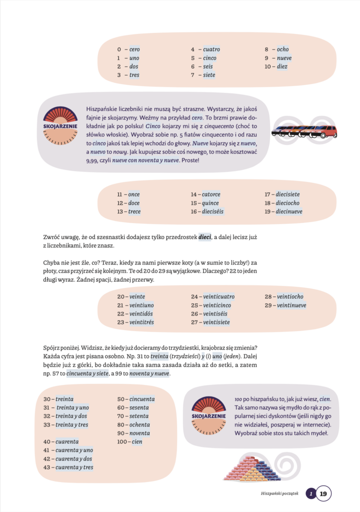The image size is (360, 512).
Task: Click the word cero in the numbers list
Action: (134, 49)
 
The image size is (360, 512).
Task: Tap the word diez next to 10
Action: (282, 66)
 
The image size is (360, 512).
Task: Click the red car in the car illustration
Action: (326, 131)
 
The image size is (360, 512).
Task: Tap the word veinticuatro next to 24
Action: (218, 297)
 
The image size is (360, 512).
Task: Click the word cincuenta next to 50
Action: (141, 399)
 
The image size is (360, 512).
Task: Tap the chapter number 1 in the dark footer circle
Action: (311, 494)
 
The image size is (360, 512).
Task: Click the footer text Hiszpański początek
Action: (279, 494)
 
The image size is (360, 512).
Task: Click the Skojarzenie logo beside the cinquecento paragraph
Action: (60, 127)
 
